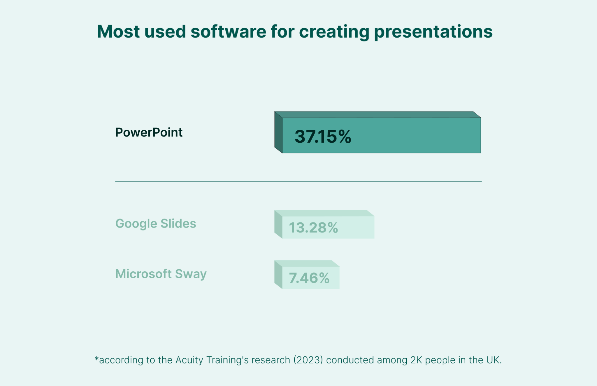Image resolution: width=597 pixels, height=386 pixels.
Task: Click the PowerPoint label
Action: click(149, 132)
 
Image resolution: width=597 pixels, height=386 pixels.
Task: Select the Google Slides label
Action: click(156, 224)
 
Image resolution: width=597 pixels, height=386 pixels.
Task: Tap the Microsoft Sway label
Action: click(161, 274)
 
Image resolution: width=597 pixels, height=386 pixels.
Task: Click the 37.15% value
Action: click(323, 137)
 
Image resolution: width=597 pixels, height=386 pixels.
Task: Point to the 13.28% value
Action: click(313, 228)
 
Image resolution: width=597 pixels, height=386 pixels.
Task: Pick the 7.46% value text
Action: click(309, 278)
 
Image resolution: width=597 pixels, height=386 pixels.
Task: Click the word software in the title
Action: click(228, 32)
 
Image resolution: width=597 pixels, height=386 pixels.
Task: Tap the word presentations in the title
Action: click(433, 32)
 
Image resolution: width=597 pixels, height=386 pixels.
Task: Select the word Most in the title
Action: click(118, 32)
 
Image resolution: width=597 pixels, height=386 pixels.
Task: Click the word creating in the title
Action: click(334, 32)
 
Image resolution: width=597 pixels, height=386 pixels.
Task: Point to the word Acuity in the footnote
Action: click(189, 360)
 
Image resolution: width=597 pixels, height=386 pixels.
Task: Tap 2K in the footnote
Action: click(416, 360)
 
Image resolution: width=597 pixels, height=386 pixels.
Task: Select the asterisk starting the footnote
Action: click(97, 358)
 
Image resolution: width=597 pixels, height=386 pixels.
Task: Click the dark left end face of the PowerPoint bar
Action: click(278, 132)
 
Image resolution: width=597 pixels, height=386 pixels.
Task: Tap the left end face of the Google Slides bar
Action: click(278, 224)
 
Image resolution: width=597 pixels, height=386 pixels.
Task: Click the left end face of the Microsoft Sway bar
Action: click(278, 275)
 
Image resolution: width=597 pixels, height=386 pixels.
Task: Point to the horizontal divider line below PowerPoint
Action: click(298, 181)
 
